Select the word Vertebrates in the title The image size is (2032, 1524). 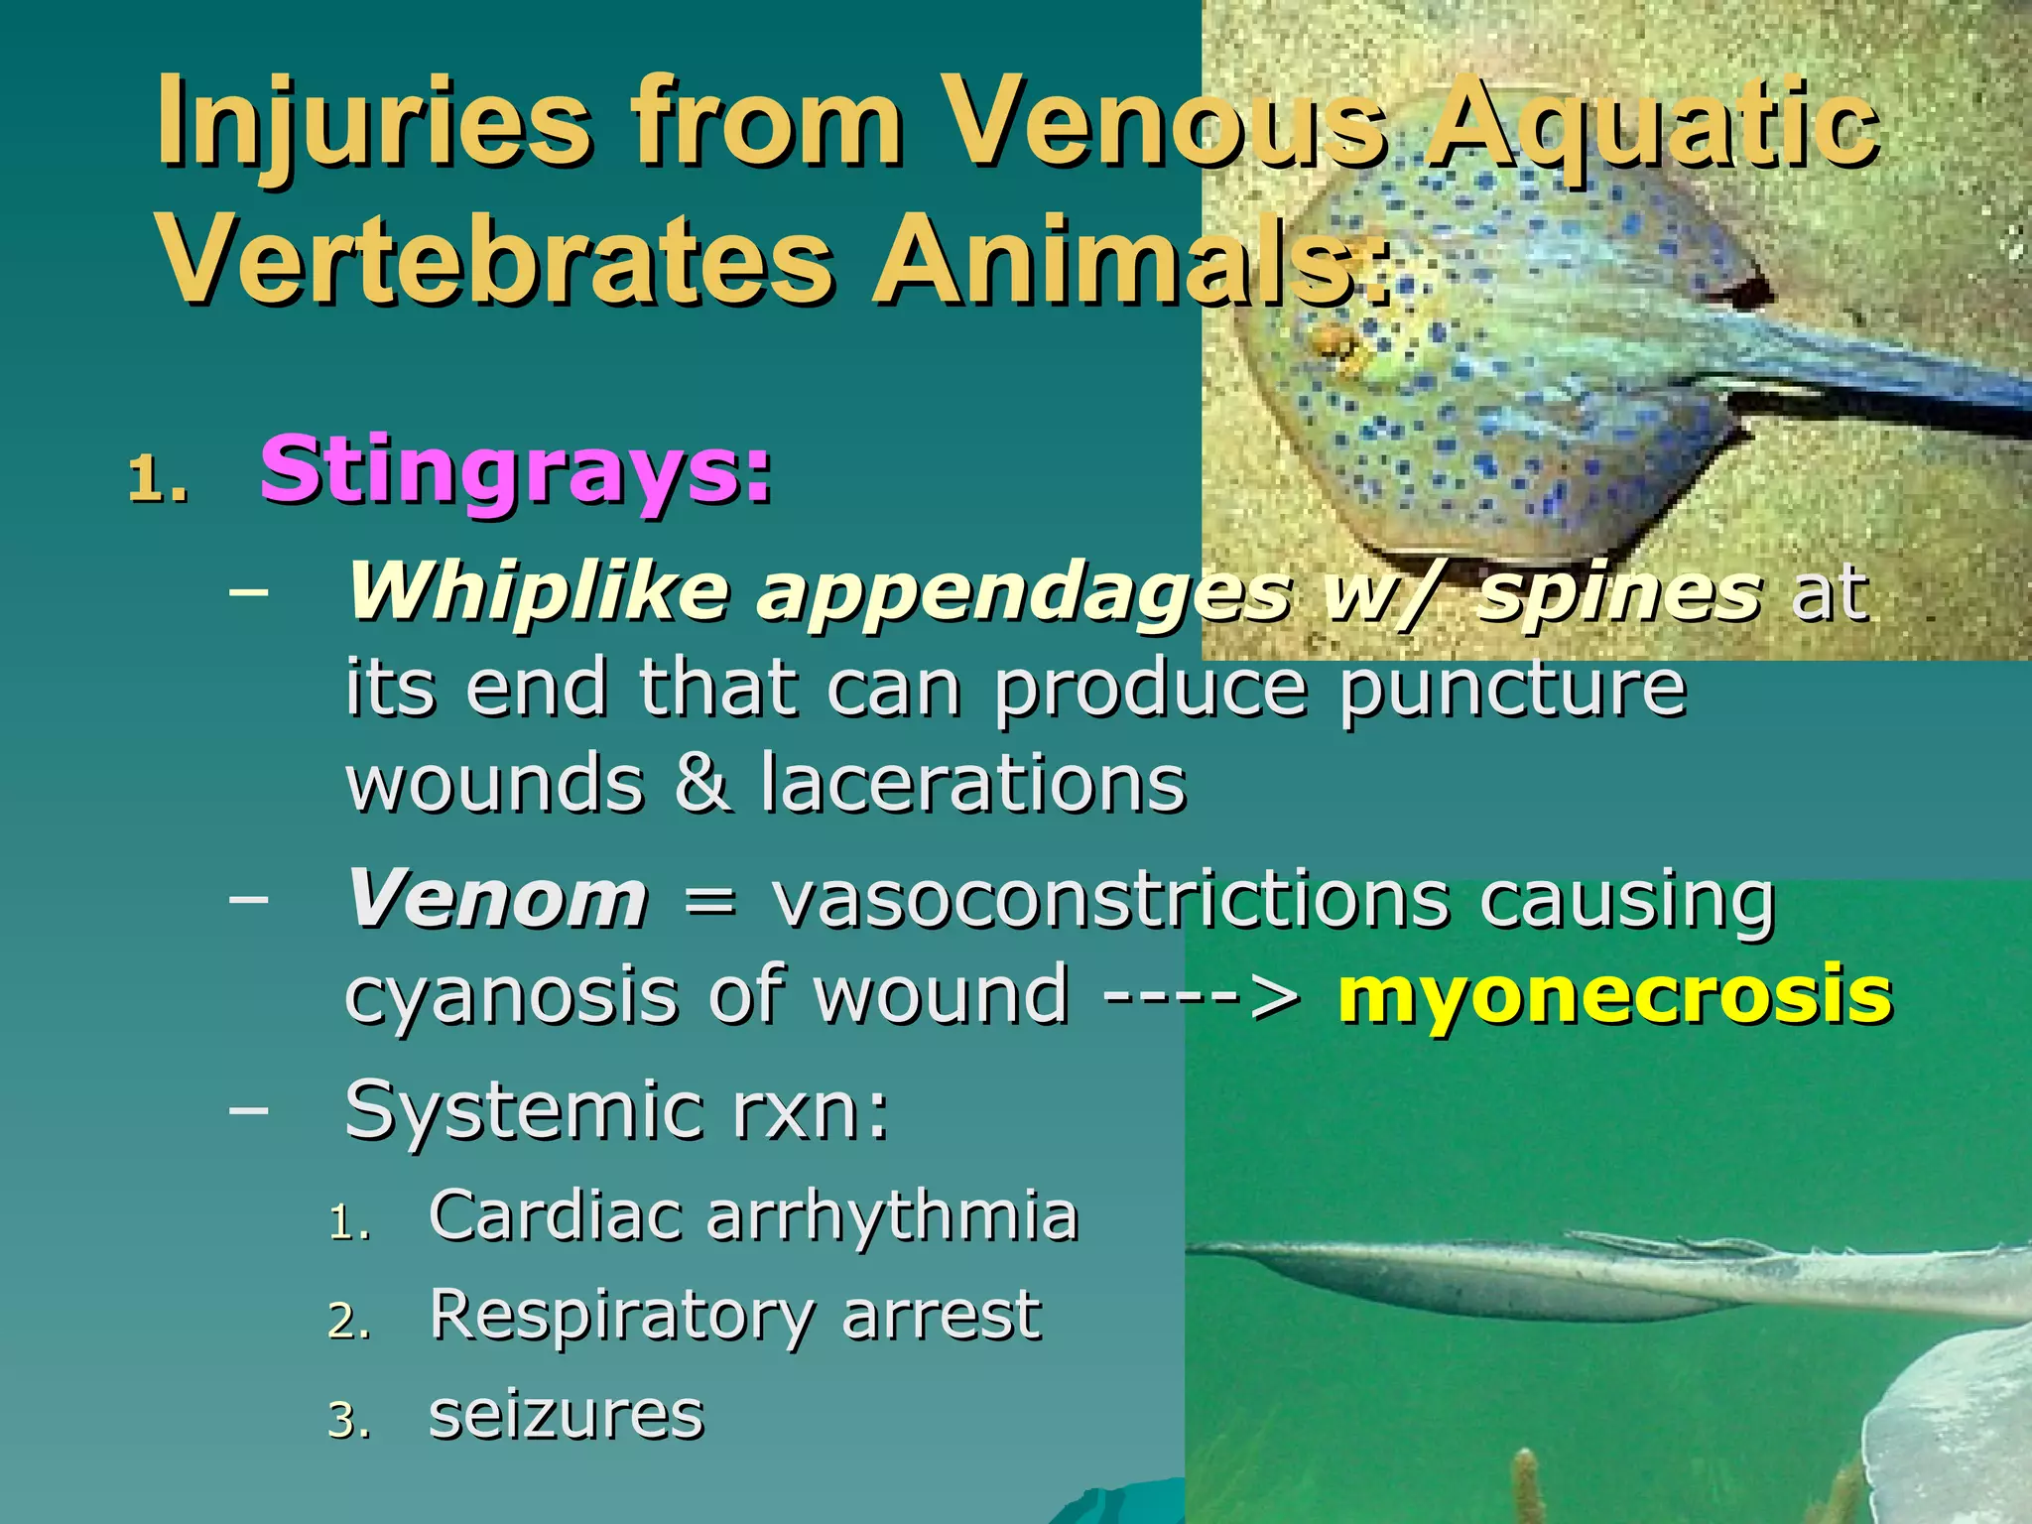496,261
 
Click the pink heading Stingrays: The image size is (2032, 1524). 515,472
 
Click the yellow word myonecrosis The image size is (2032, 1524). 1614,994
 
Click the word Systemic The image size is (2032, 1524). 522,1112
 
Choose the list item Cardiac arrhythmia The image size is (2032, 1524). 753,1215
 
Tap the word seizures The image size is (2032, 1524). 566,1416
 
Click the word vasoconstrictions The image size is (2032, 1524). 1110,900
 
